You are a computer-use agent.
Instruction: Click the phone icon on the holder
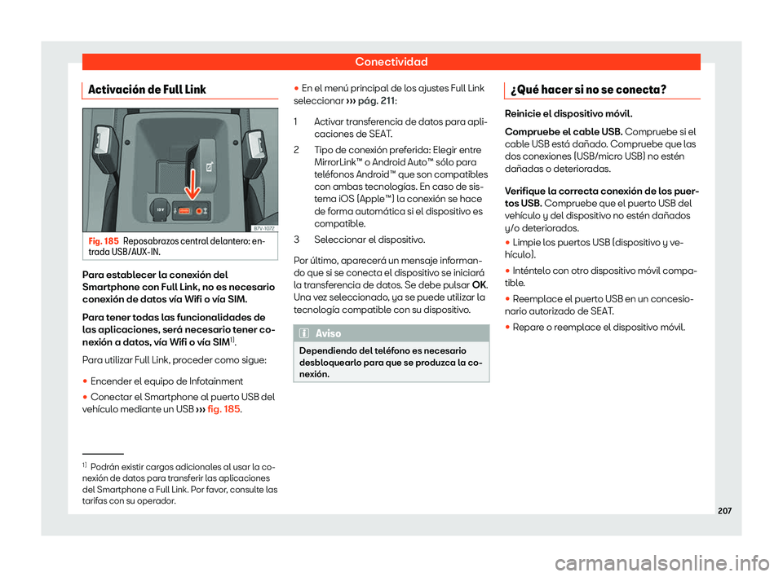click(x=210, y=167)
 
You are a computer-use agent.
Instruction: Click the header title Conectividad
click(x=391, y=61)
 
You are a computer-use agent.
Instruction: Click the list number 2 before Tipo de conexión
click(x=305, y=150)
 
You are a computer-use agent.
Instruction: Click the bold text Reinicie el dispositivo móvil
click(x=568, y=114)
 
